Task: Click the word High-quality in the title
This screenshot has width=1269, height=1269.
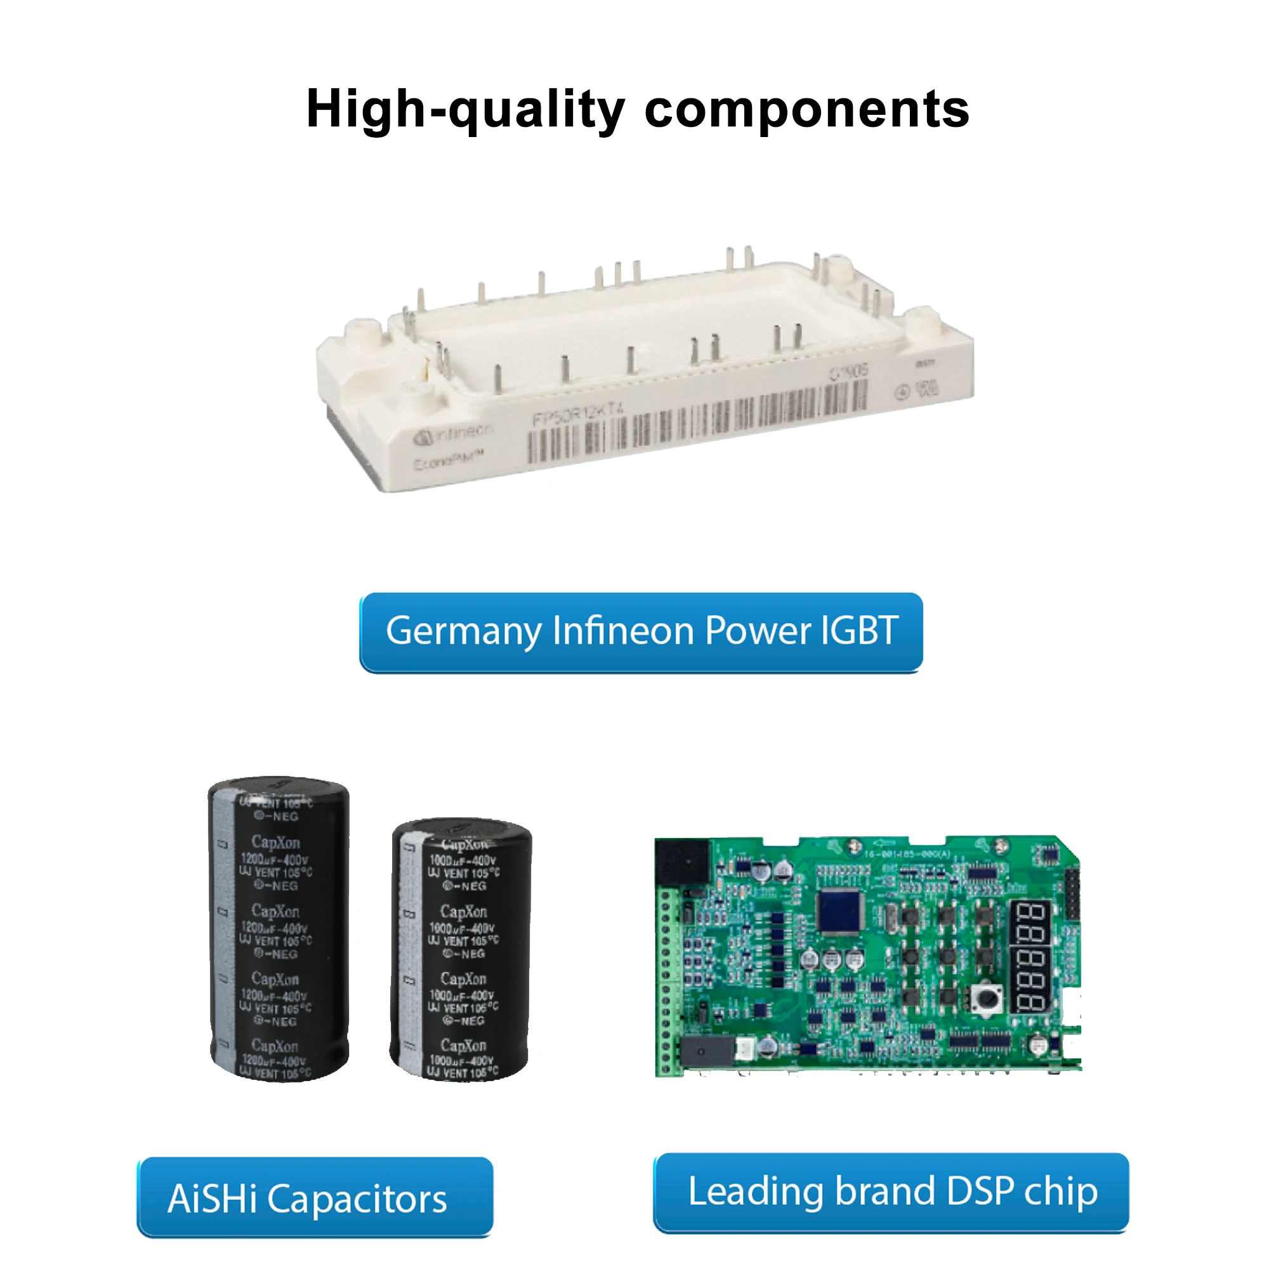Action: (x=465, y=110)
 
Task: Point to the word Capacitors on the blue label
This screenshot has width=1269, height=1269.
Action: (x=357, y=1199)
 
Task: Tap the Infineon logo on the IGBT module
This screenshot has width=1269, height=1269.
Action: (x=453, y=433)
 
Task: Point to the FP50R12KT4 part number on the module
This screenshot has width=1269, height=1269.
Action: (x=578, y=413)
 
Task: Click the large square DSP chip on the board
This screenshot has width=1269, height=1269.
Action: (x=840, y=912)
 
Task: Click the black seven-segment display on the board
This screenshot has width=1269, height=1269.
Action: (x=1031, y=956)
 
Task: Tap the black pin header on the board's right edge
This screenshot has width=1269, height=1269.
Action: (x=1072, y=893)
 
